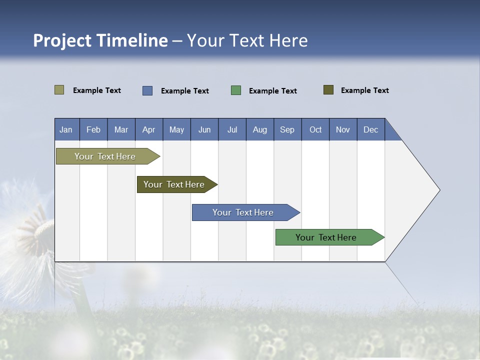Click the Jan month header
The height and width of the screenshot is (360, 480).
[66, 129]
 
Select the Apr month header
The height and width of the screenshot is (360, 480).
[149, 129]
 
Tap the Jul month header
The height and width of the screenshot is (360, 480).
[232, 129]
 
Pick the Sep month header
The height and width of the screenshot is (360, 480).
[287, 129]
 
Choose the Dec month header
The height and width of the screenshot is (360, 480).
[370, 129]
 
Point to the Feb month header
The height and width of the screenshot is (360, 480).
[93, 129]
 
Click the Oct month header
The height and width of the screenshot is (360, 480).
[315, 129]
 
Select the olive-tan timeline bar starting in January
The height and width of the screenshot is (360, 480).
[105, 156]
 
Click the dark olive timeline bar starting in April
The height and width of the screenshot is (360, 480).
[174, 184]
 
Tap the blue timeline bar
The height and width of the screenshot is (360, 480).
[243, 212]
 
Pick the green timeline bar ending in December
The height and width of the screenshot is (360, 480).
[326, 237]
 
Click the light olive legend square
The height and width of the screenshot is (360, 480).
[59, 90]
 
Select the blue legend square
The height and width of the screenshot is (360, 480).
[147, 90]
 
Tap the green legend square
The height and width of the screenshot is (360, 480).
[236, 90]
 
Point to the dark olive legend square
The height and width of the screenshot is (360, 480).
[328, 90]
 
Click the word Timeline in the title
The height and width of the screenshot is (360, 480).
[132, 40]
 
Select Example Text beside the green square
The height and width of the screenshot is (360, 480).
[272, 91]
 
